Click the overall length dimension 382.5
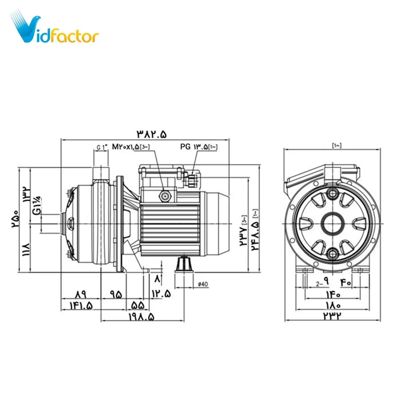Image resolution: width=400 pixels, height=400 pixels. (152, 134)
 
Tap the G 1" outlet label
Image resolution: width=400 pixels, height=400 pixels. (102, 147)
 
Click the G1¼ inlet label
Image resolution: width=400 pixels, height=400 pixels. (37, 205)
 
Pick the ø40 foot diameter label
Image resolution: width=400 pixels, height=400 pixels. (203, 284)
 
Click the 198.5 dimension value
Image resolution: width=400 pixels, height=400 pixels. (142, 317)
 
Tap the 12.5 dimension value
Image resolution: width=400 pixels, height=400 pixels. (161, 294)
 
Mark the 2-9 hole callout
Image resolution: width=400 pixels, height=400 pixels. (322, 283)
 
